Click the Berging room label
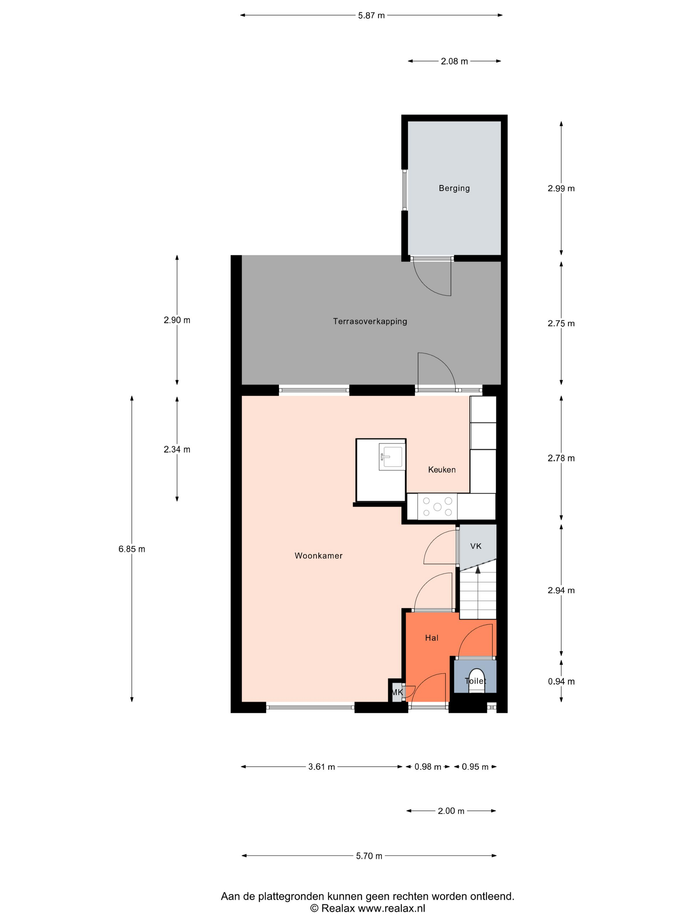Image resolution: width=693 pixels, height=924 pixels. tap(454, 188)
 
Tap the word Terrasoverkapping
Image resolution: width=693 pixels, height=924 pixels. tap(370, 321)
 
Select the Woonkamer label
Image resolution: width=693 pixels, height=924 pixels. tap(318, 556)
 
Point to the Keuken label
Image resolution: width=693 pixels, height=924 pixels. tap(442, 470)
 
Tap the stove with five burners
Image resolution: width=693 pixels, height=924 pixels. tap(437, 507)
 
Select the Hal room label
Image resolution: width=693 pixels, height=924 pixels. tap(432, 638)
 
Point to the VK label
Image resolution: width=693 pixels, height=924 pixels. tap(476, 546)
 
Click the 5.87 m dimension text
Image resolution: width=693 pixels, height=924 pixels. tap(371, 16)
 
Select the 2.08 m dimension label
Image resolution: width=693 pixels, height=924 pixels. tap(454, 61)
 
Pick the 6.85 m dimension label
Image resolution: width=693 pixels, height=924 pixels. tap(132, 549)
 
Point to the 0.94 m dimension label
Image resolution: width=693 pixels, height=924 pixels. tap(561, 681)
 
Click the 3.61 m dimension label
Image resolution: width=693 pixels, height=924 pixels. tap(322, 767)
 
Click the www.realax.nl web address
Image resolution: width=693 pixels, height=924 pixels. tap(391, 908)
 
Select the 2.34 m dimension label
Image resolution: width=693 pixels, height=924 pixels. tap(177, 449)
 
